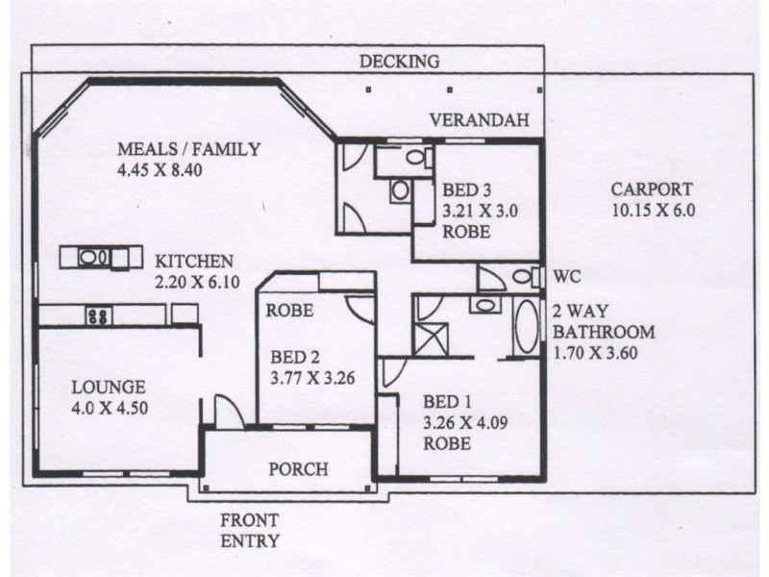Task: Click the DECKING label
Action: (399, 62)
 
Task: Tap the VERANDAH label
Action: (479, 120)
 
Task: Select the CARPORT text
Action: (652, 189)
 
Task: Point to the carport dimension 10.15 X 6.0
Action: (654, 211)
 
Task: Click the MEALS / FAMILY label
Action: (188, 149)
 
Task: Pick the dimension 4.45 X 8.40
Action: (160, 170)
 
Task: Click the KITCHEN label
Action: (194, 262)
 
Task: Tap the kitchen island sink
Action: (94, 257)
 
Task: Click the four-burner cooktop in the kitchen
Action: (99, 315)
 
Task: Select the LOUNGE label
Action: (109, 388)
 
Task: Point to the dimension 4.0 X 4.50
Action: (110, 409)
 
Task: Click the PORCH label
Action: (298, 469)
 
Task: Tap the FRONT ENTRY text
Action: (250, 531)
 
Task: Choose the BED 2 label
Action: (295, 357)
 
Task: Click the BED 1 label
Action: (447, 402)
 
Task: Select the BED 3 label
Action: (466, 189)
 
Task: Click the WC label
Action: (567, 277)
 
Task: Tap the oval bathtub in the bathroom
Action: (528, 327)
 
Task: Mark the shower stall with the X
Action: (431, 339)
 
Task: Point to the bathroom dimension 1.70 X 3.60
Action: (595, 353)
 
